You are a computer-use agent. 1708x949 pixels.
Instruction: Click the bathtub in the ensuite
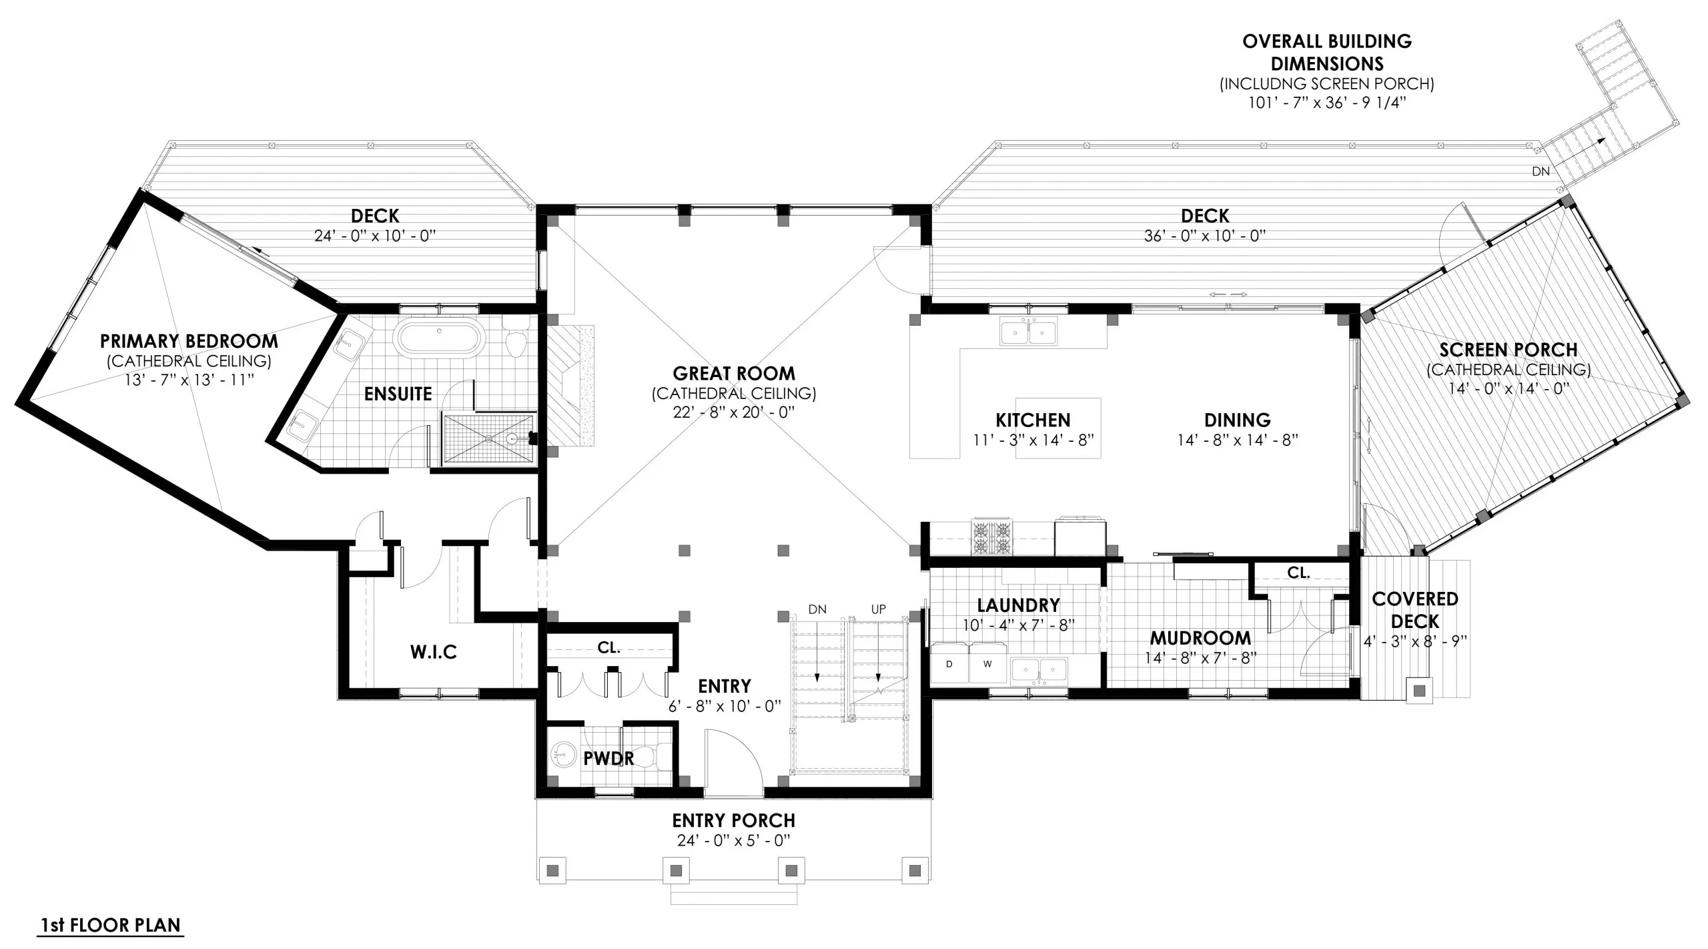[x=438, y=338]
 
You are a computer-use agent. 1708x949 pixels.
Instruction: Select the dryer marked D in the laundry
[x=949, y=663]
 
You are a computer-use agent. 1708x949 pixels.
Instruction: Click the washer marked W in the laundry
[x=987, y=663]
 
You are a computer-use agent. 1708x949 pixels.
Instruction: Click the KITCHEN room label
[x=1033, y=420]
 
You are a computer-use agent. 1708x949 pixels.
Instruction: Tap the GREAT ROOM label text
[x=733, y=373]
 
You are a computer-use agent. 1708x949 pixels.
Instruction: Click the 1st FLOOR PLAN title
[x=110, y=925]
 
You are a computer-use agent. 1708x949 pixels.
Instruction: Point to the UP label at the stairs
[x=878, y=609]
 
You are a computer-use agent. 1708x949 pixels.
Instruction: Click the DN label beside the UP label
[x=817, y=609]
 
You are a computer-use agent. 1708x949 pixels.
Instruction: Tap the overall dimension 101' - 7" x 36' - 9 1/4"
[x=1327, y=103]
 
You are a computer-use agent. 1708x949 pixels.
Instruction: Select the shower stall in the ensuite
[x=489, y=438]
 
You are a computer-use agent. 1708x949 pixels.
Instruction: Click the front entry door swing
[x=734, y=761]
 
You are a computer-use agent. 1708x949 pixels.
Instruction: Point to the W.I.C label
[x=433, y=652]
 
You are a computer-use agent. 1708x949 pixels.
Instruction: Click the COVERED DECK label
[x=1414, y=610]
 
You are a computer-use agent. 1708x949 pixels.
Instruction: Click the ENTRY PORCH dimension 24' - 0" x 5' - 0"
[x=733, y=840]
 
